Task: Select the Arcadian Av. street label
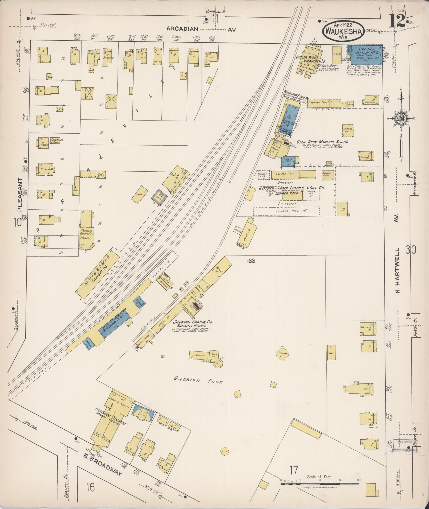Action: pyautogui.click(x=201, y=29)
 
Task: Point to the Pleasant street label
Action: pyautogui.click(x=20, y=194)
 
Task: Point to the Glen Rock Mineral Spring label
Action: pyautogui.click(x=322, y=142)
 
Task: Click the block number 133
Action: pyautogui.click(x=251, y=261)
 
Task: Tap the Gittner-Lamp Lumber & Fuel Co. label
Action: pyautogui.click(x=292, y=188)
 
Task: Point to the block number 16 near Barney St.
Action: pyautogui.click(x=90, y=487)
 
